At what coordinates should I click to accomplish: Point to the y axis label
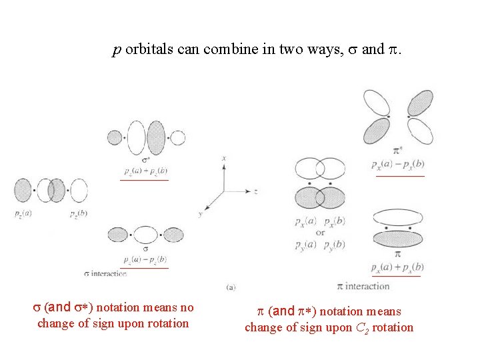click(200, 214)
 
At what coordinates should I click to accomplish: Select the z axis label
click(256, 191)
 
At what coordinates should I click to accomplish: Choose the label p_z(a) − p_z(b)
click(145, 259)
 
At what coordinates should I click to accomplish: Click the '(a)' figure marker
click(231, 287)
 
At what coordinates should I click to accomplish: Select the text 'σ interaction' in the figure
click(106, 273)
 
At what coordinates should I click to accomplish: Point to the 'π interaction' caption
click(363, 286)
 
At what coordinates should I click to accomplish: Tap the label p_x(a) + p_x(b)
click(398, 267)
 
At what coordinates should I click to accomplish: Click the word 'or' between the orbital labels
click(320, 233)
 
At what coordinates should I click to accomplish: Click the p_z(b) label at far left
click(78, 214)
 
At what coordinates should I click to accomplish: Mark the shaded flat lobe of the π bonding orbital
click(398, 239)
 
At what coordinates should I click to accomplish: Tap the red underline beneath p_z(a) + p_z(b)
click(144, 180)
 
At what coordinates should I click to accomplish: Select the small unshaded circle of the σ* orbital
click(177, 138)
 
